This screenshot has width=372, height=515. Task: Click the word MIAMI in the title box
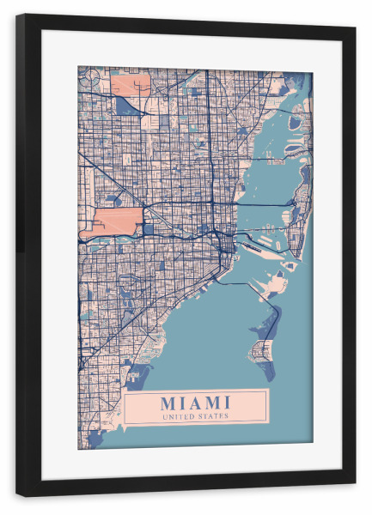pyautogui.click(x=195, y=403)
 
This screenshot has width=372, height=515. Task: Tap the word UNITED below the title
pyautogui.click(x=179, y=416)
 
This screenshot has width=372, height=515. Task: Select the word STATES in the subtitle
pyautogui.click(x=212, y=416)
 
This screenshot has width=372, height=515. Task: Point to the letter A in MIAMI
pyautogui.click(x=195, y=403)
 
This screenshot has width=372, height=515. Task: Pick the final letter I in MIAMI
pyautogui.click(x=228, y=403)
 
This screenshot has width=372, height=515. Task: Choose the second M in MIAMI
pyautogui.click(x=214, y=403)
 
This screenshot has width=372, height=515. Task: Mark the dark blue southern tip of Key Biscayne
pyautogui.click(x=268, y=372)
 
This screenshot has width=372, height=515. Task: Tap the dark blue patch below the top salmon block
pyautogui.click(x=128, y=105)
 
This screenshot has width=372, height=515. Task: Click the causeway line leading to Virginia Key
pyautogui.click(x=249, y=284)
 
